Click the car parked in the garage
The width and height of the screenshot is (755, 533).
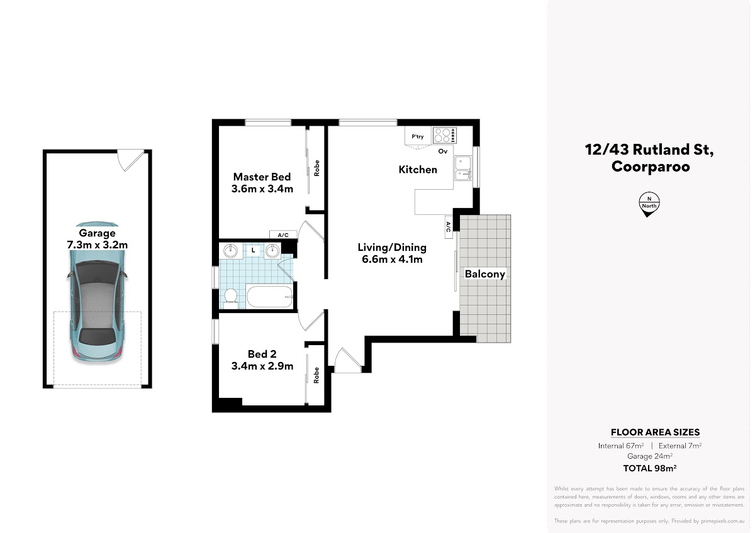97,292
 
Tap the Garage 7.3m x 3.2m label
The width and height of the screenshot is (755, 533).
97,239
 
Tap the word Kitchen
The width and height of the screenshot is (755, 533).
418,169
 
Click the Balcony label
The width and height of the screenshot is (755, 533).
484,274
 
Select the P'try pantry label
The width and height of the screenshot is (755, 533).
418,136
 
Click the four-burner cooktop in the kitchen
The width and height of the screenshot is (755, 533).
445,135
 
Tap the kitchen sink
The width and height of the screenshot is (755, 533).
463,168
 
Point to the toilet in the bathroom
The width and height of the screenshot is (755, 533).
230,298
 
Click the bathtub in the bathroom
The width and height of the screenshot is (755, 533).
270,296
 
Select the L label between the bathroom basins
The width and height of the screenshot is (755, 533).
253,250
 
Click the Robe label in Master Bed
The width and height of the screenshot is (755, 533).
316,168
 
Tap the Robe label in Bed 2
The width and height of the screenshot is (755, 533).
316,375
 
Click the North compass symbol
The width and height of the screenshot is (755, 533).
649,204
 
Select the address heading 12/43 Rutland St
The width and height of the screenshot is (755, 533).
649,150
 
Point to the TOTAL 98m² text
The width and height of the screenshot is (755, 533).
650,468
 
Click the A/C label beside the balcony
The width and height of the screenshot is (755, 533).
448,227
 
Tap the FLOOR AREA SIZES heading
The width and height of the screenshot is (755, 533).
655,432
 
